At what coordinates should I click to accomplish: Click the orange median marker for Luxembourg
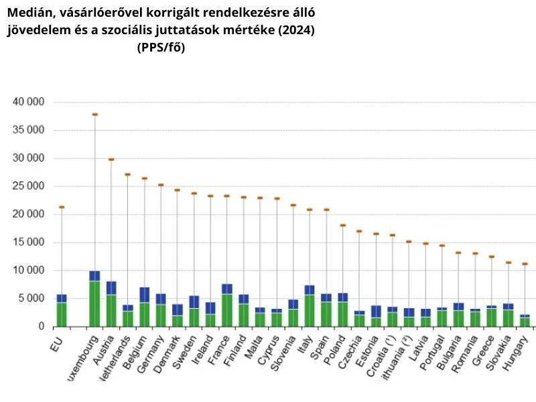click(95, 115)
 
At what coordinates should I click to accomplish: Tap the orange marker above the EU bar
click(62, 207)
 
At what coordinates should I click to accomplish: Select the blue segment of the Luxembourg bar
click(95, 275)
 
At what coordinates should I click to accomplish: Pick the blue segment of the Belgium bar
click(145, 294)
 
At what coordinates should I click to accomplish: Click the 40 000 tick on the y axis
click(29, 102)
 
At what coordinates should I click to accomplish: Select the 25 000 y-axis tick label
click(29, 186)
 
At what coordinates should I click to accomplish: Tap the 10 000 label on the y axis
click(29, 270)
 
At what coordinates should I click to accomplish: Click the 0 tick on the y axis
click(41, 326)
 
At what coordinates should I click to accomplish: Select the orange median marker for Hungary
click(525, 264)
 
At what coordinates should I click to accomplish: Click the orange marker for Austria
click(111, 159)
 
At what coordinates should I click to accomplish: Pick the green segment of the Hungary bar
click(525, 322)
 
